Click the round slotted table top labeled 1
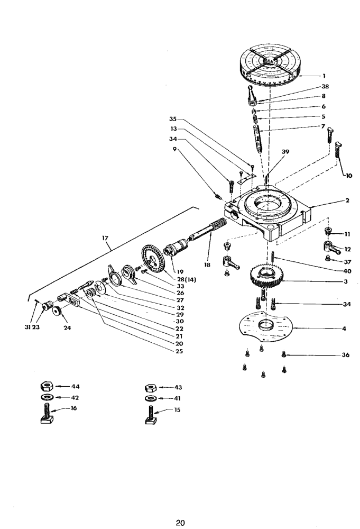point(271,66)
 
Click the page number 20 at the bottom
point(180,523)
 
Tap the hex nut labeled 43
point(151,387)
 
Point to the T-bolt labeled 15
point(151,414)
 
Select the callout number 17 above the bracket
point(105,239)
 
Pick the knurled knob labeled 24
point(58,317)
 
